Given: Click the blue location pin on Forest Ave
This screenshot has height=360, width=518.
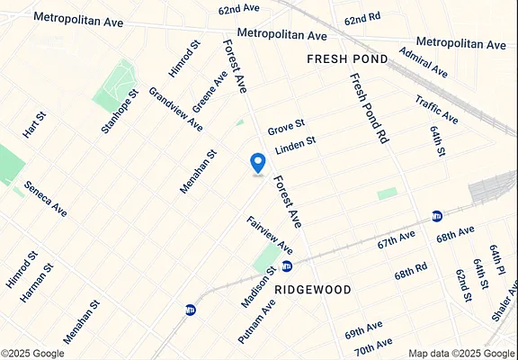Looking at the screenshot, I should (x=258, y=163).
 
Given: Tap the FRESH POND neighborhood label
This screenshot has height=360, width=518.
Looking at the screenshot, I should (x=347, y=58).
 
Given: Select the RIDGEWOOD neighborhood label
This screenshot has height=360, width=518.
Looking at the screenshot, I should (x=313, y=289).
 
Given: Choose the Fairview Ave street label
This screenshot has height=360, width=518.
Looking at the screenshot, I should (x=270, y=233).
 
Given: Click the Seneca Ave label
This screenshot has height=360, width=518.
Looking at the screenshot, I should (x=45, y=200).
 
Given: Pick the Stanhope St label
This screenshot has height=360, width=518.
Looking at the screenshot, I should (x=120, y=112).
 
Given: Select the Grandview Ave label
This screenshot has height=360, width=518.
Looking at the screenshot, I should (x=175, y=109).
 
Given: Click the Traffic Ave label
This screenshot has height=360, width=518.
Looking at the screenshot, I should (x=436, y=109).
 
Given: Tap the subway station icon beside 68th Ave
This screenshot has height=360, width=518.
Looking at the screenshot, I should (x=438, y=216).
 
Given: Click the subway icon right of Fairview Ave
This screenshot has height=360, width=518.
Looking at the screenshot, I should (x=287, y=265).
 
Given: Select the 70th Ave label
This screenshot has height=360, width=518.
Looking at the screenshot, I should (x=372, y=345).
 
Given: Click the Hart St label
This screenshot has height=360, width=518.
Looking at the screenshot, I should (x=33, y=125).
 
